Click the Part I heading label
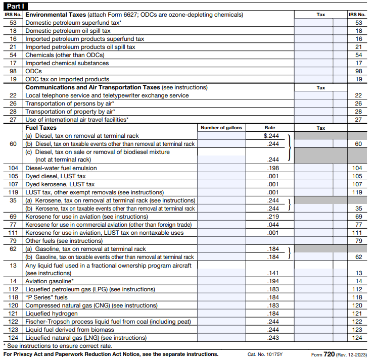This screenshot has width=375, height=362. point(14,7)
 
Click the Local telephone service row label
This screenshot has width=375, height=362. point(107,95)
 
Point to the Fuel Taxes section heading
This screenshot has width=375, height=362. point(41,128)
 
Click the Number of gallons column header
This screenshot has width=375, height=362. point(221,128)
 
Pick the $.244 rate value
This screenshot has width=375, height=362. point(271,136)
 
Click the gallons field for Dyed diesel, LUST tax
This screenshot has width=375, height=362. point(221,176)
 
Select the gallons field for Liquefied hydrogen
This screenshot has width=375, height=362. point(221,314)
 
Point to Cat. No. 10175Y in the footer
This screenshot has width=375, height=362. point(265,354)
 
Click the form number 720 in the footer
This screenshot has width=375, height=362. point(329,354)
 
